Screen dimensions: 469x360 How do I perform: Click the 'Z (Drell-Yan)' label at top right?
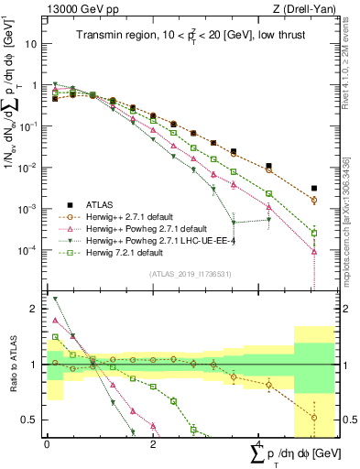306,8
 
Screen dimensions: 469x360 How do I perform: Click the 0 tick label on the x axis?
47,444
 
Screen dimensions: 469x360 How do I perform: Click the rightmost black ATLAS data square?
313,189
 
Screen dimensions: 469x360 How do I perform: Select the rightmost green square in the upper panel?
313,233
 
